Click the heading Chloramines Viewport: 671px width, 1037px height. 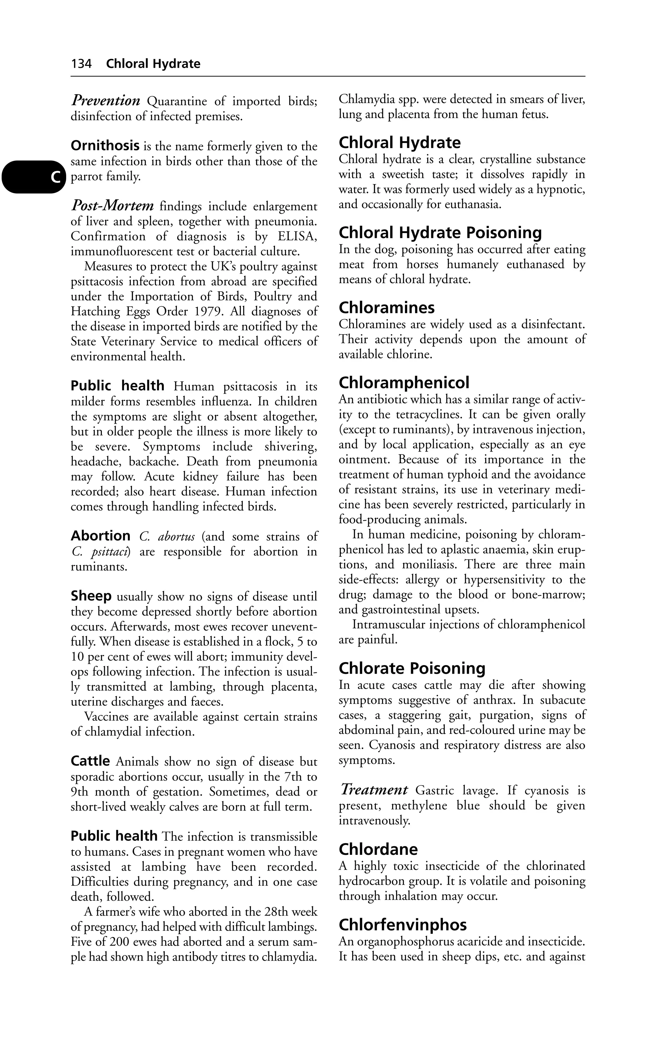(x=387, y=308)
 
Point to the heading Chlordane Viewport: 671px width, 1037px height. (x=378, y=849)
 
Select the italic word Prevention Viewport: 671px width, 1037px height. (x=105, y=101)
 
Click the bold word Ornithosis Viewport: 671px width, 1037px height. (x=105, y=145)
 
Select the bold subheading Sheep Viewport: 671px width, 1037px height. (x=91, y=596)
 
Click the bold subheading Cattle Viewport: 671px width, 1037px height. (x=90, y=761)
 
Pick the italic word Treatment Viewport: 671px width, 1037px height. (x=374, y=790)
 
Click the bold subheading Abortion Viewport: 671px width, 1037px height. (x=100, y=535)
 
